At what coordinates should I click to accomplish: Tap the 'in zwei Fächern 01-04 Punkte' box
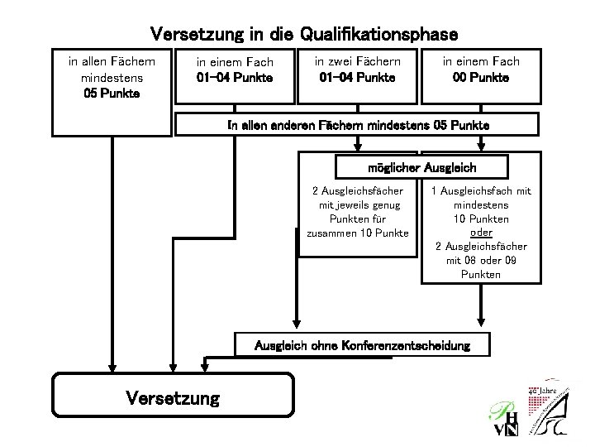coord(357,70)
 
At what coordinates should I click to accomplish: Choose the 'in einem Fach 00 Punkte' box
coord(480,70)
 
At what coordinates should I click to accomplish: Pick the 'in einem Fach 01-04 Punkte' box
coord(235,70)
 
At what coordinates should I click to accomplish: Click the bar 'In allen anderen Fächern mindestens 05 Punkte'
coord(359,125)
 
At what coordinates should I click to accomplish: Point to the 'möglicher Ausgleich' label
coord(421,167)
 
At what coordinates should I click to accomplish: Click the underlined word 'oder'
coord(480,233)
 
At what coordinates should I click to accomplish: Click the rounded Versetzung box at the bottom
coord(174,398)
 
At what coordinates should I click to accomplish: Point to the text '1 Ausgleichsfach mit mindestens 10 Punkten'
coord(480,204)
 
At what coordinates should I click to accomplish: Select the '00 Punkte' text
coord(480,77)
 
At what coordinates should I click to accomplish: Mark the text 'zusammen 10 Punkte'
coord(357,233)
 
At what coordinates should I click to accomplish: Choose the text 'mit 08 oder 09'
coord(480,260)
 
